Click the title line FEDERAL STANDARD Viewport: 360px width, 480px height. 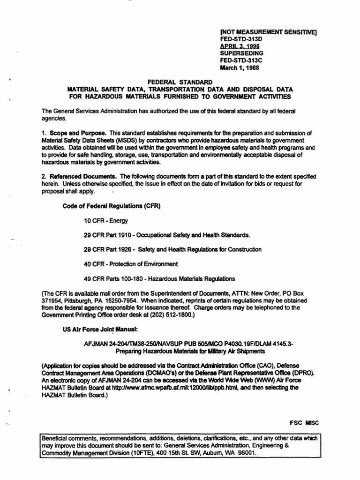(180, 82)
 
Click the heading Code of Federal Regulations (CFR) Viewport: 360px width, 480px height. (112, 206)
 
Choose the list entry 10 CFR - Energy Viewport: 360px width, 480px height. (106, 220)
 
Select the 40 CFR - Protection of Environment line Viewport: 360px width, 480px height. (131, 264)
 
